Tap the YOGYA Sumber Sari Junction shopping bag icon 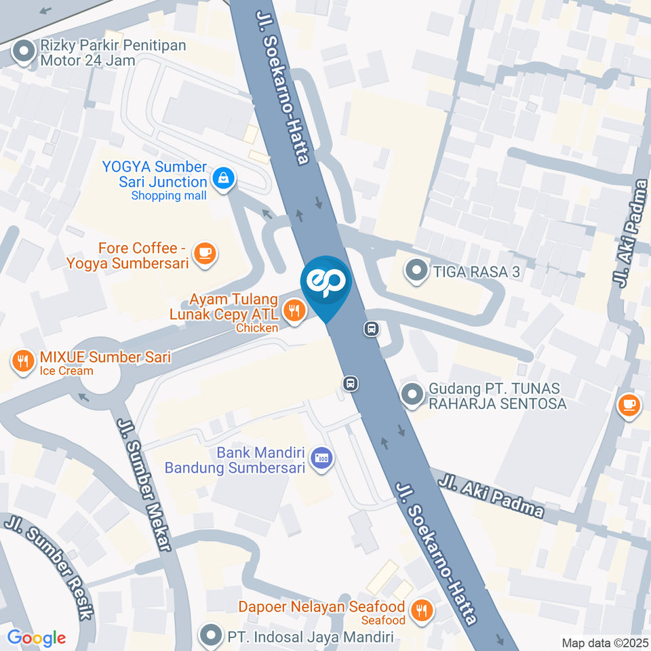[x=222, y=178]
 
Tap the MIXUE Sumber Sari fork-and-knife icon [x=24, y=360]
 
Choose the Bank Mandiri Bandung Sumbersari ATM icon [x=319, y=458]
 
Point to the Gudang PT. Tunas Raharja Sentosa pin [x=412, y=395]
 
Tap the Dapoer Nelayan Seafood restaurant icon [x=422, y=609]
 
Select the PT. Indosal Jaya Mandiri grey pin [x=212, y=636]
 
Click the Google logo [x=36, y=637]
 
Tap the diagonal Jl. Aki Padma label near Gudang [x=491, y=496]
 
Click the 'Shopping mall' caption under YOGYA [x=168, y=196]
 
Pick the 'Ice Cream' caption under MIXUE [x=66, y=371]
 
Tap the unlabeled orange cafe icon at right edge [x=629, y=405]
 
